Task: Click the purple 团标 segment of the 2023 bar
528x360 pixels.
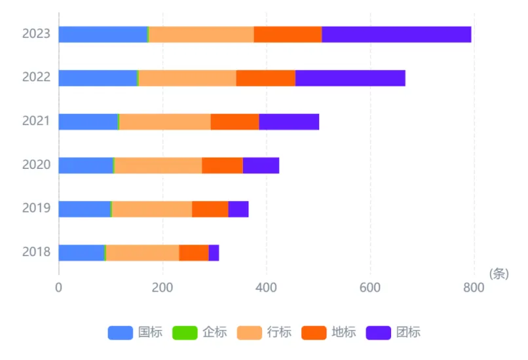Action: (x=396, y=34)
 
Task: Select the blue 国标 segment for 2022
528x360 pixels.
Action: (x=98, y=78)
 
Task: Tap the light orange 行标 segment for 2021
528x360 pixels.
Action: (x=165, y=122)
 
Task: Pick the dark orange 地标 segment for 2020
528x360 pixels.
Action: (x=222, y=166)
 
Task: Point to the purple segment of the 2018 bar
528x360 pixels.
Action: (x=214, y=253)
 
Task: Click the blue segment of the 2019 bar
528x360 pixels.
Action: (x=85, y=209)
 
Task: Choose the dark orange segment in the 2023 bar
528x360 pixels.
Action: (x=288, y=34)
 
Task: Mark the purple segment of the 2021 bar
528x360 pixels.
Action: (x=289, y=122)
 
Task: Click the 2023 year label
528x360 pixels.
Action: (x=36, y=33)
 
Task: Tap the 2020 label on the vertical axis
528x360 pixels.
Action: (x=36, y=164)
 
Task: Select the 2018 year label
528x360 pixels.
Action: (x=36, y=251)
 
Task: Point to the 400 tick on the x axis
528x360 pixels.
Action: (x=266, y=287)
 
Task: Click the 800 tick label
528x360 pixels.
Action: (x=474, y=287)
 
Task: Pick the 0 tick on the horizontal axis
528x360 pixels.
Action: (x=58, y=287)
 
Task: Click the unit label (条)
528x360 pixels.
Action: (x=499, y=274)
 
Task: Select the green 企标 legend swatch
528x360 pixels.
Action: (x=185, y=333)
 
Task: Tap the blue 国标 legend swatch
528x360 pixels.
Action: (x=121, y=333)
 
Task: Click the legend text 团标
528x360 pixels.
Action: (x=408, y=332)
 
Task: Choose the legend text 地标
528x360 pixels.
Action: (x=344, y=332)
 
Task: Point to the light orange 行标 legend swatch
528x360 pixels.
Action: (x=250, y=333)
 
